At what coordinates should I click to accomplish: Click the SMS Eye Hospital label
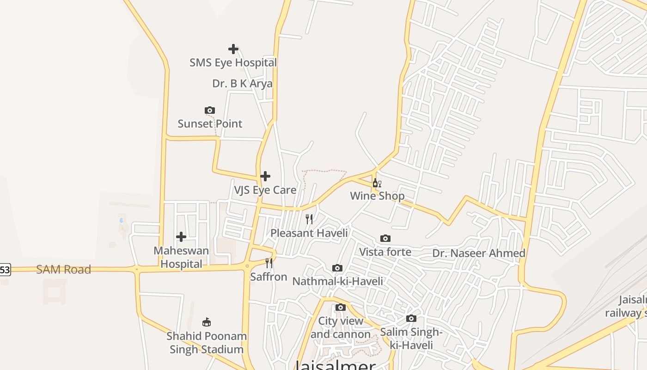(x=233, y=62)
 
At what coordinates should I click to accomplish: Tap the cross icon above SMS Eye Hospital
(x=233, y=49)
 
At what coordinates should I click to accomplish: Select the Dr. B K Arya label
(x=242, y=84)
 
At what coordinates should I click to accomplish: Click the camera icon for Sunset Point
(x=210, y=110)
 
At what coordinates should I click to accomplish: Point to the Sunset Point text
(x=210, y=123)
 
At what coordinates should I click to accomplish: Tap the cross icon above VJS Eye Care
(x=265, y=176)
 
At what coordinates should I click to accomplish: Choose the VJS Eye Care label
(x=265, y=190)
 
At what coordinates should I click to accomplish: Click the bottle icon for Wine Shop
(x=377, y=183)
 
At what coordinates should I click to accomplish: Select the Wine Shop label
(x=377, y=196)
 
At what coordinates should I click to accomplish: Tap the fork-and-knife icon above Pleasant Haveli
(x=309, y=219)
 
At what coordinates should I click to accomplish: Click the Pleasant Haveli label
(x=309, y=233)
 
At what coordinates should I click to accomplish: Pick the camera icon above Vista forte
(x=385, y=239)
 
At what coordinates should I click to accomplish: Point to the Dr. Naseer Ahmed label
(x=479, y=253)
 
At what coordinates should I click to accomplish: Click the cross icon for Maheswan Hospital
(x=181, y=237)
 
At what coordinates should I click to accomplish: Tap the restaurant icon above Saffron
(x=269, y=263)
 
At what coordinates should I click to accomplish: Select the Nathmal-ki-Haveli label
(x=338, y=281)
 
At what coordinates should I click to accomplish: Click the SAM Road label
(x=63, y=269)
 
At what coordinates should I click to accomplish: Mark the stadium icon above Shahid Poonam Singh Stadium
(x=207, y=322)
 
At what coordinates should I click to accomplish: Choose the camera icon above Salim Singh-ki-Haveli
(x=411, y=318)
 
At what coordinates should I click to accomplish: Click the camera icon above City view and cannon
(x=341, y=307)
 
